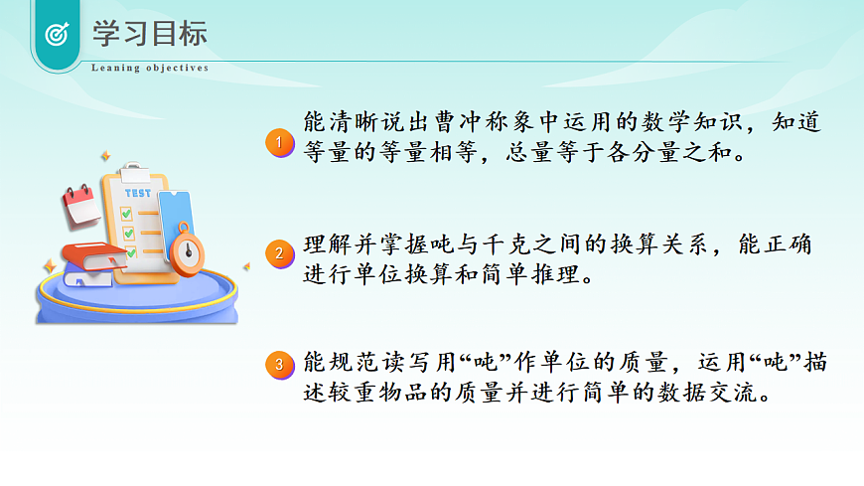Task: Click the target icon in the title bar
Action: point(57,34)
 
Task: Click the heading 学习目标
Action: point(150,33)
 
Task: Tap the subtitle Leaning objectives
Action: point(150,69)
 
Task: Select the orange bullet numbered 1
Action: point(280,143)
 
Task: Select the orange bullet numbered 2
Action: point(280,253)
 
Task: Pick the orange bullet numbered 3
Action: point(280,365)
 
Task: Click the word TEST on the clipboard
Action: point(139,192)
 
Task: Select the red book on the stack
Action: point(94,254)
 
